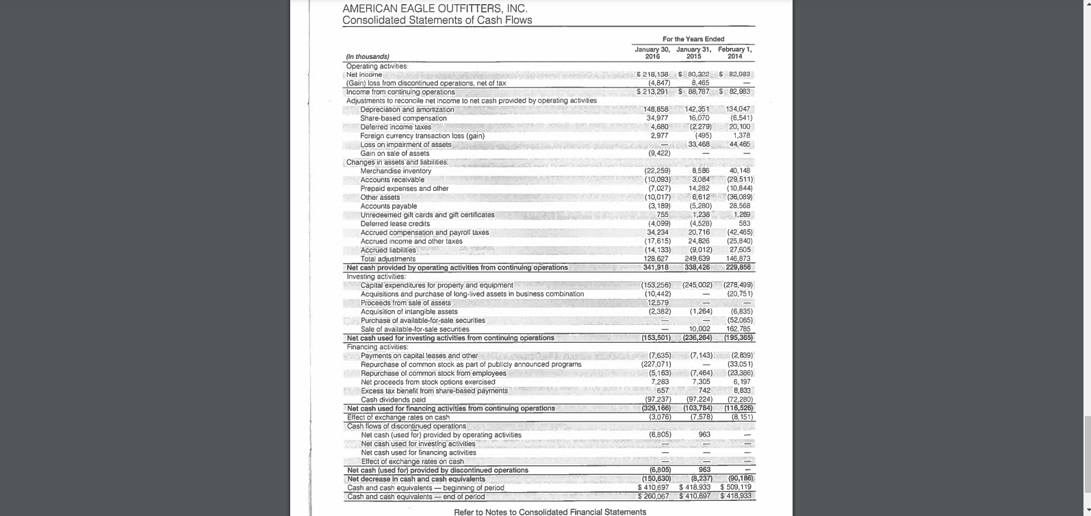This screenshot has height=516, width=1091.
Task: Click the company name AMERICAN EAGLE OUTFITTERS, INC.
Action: tap(435, 8)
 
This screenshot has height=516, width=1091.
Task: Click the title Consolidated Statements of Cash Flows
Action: tap(437, 21)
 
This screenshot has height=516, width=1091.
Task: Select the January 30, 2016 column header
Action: tap(652, 53)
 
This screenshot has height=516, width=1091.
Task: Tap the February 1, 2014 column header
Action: tap(734, 53)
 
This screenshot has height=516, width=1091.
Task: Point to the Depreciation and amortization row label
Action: tap(407, 109)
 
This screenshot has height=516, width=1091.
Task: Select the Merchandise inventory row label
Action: tap(396, 171)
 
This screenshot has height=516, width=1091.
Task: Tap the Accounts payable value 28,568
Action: tap(740, 206)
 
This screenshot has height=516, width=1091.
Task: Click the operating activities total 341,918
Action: tap(656, 268)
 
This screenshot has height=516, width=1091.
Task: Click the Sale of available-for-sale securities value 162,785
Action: tap(740, 329)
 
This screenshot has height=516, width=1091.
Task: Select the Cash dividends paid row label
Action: tap(393, 400)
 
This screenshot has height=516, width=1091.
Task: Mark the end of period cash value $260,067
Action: tap(653, 496)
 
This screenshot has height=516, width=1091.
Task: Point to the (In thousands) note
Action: tap(368, 57)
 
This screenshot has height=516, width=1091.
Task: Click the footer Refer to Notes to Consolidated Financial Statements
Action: tap(550, 512)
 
